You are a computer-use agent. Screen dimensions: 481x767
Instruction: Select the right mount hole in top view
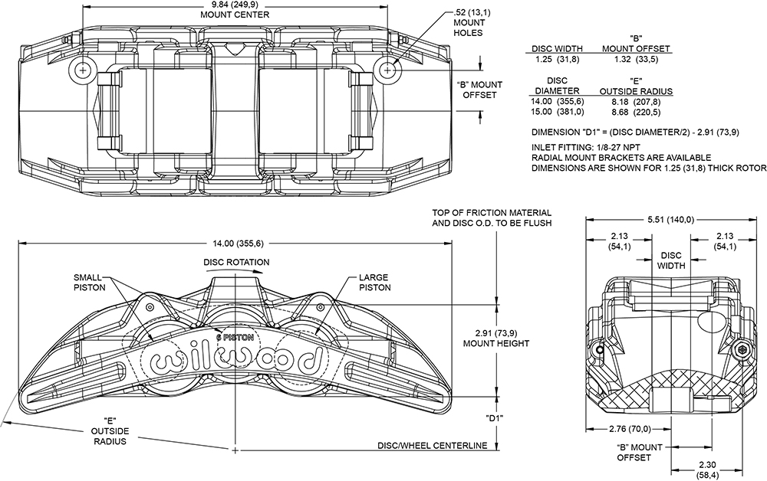(389, 68)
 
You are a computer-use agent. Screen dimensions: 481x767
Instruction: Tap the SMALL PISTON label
(90, 282)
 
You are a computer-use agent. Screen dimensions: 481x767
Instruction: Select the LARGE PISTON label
(374, 282)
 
